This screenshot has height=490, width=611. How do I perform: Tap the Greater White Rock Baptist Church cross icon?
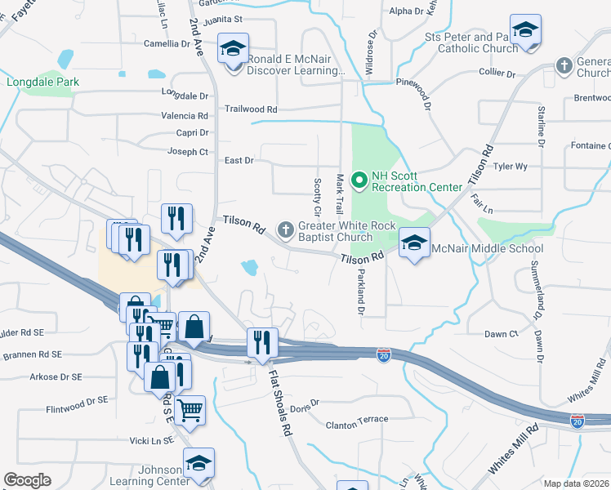point(286,229)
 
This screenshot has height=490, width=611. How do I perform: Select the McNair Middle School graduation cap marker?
point(414,243)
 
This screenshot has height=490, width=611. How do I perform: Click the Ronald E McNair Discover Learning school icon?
point(233,51)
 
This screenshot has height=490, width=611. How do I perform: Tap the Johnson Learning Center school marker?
point(198,463)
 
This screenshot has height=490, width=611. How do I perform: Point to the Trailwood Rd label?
point(251,109)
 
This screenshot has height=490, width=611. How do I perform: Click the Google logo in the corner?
point(27,480)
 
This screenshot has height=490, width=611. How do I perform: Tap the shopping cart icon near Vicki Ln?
point(190,410)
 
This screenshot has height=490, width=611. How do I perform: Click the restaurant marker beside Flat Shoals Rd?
point(261,342)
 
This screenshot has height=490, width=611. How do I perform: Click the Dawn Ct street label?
point(501,334)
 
